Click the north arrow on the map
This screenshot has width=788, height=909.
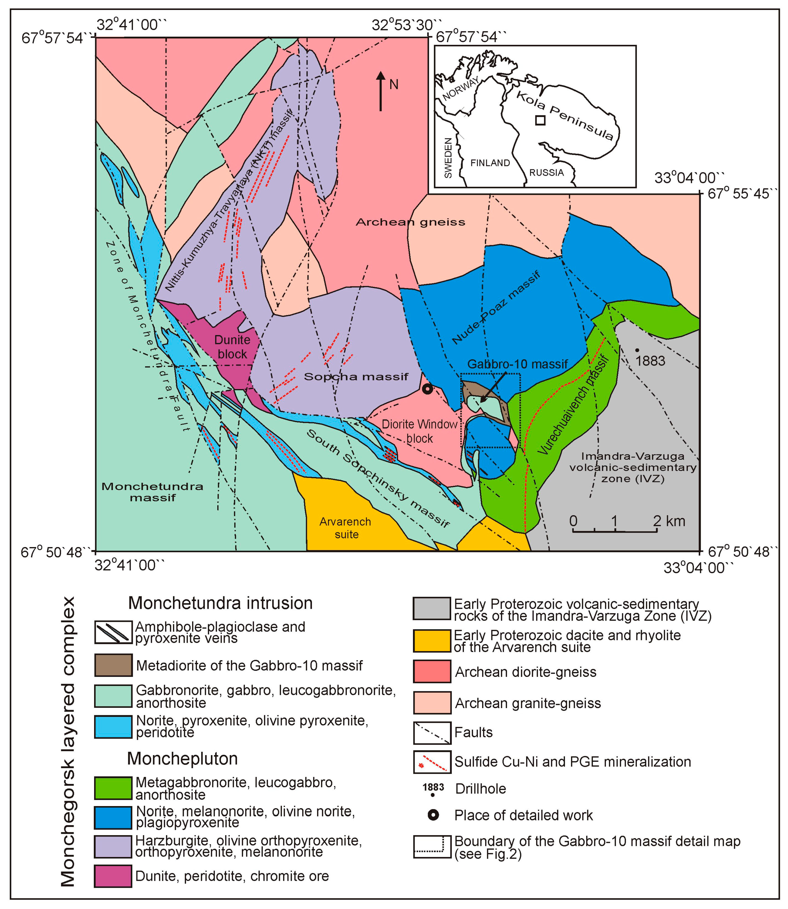[x=381, y=91]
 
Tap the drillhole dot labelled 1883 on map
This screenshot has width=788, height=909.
[x=637, y=350]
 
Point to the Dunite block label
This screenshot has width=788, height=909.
[x=232, y=347]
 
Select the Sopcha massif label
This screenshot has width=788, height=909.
[x=356, y=377]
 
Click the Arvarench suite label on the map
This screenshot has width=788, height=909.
[x=346, y=528]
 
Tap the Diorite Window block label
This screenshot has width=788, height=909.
[x=420, y=431]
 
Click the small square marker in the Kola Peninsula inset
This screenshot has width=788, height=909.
[x=540, y=120]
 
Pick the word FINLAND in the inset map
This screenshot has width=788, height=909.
[x=490, y=163]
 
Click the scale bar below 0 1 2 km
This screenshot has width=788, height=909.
[x=615, y=531]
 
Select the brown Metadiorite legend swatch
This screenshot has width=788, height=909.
[x=113, y=665]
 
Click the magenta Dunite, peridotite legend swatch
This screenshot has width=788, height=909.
[x=113, y=876]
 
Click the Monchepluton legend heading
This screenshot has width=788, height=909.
[x=182, y=759]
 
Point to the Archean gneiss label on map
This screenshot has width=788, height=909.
[x=410, y=222]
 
